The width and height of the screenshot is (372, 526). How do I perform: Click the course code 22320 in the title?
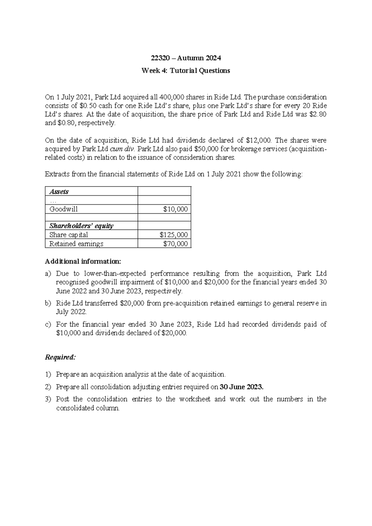[158, 58]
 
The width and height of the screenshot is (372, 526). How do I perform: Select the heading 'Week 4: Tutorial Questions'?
[186, 71]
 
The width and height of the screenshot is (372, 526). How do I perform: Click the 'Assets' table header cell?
[59, 192]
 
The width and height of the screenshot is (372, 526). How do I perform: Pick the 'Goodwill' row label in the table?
[64, 209]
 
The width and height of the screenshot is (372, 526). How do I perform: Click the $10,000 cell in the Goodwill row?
[175, 209]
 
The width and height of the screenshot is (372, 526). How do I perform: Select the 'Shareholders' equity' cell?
[81, 226]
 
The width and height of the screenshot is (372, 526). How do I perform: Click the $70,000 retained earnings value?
[175, 244]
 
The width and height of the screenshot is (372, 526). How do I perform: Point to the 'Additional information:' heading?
[83, 261]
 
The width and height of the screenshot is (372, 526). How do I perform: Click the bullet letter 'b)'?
[48, 303]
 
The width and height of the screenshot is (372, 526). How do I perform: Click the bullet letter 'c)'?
[48, 324]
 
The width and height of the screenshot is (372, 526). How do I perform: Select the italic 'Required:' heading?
[60, 357]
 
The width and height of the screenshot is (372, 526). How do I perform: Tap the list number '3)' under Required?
[48, 399]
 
